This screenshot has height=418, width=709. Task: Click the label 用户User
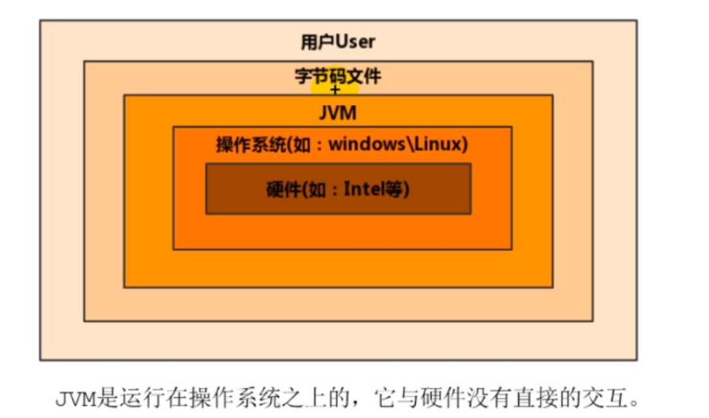click(338, 42)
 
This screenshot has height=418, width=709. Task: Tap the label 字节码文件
click(338, 76)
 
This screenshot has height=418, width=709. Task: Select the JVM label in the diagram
click(338, 113)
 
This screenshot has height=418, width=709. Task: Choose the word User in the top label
click(355, 42)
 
